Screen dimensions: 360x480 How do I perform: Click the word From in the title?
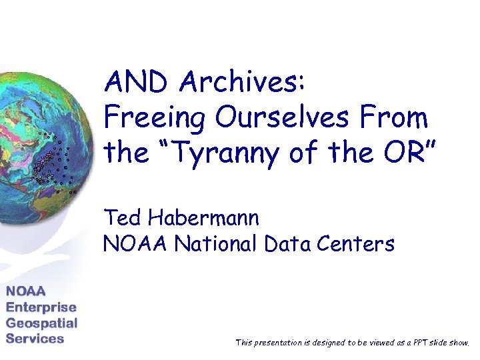coord(398,119)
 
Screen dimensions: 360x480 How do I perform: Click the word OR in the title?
coord(405,153)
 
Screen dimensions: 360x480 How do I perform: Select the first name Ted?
coord(122,217)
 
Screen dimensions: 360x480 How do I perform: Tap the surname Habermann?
coord(203,217)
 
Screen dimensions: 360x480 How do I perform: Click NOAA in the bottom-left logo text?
coord(27,291)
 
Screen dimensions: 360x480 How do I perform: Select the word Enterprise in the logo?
coord(41,307)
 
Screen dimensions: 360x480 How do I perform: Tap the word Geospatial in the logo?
coord(42,323)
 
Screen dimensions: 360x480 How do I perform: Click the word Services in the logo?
coord(35,338)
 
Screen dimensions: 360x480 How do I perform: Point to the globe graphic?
coord(40,147)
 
